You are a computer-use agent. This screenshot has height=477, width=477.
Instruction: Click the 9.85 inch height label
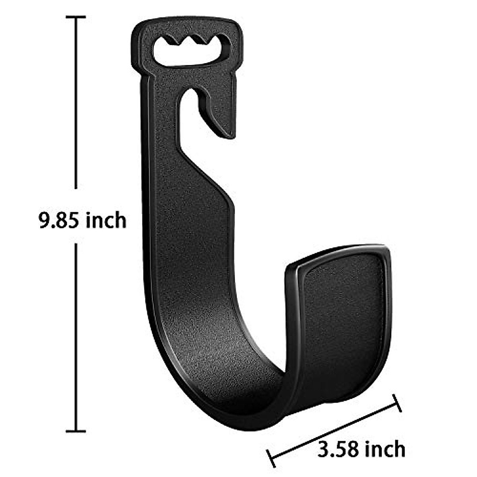82,220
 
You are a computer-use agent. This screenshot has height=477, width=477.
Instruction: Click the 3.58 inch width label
361,449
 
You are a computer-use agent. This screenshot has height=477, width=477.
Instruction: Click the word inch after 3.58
385,449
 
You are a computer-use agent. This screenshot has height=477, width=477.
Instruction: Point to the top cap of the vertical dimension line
76,17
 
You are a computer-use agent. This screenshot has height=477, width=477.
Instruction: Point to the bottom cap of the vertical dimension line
76,430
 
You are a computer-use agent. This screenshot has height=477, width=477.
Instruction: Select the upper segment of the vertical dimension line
76,103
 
